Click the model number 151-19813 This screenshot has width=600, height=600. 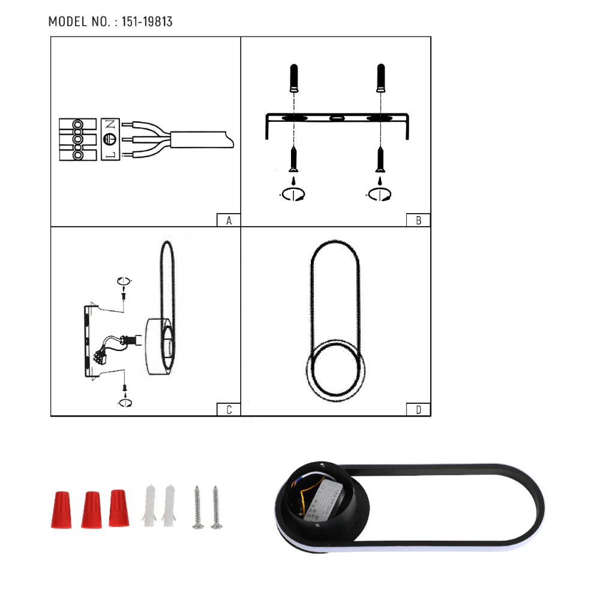tap(147, 22)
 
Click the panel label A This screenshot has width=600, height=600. tap(229, 220)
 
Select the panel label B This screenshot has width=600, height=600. tap(419, 220)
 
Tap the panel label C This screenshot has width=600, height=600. tap(229, 410)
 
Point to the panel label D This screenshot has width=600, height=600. tap(419, 410)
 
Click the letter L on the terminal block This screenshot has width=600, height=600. tap(110, 155)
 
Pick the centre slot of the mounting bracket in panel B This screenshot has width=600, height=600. tap(336, 118)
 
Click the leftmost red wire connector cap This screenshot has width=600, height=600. tap(62, 509)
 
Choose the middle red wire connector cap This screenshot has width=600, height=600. tap(91, 510)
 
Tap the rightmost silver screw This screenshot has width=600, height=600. tap(216, 507)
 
